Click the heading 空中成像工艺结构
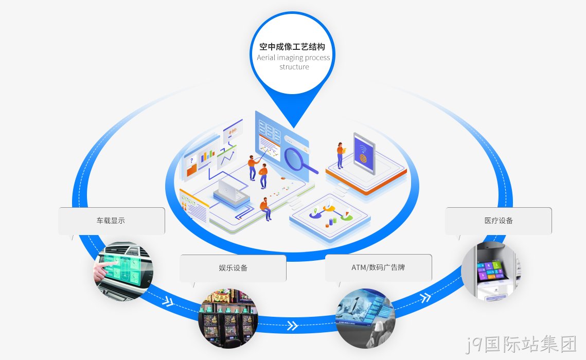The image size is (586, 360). tap(292, 47)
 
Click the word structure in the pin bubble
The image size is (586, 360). tap(294, 67)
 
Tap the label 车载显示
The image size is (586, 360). tap(111, 221)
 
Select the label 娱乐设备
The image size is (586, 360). tap(233, 268)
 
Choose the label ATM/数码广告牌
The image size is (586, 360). tap(378, 267)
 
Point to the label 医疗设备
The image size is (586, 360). tap(499, 221)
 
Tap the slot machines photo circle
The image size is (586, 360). tap(228, 318)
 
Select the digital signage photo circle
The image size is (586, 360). tap(365, 318)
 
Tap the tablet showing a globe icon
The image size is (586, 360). tap(364, 153)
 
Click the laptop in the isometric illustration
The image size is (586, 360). tap(229, 191)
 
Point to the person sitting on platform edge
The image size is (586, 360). tap(265, 209)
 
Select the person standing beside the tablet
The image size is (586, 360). tap(341, 155)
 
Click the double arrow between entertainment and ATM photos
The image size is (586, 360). tap(293, 326)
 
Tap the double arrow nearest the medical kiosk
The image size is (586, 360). tap(425, 298)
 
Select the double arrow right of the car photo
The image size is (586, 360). tap(168, 301)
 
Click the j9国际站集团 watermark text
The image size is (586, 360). tap(521, 344)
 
